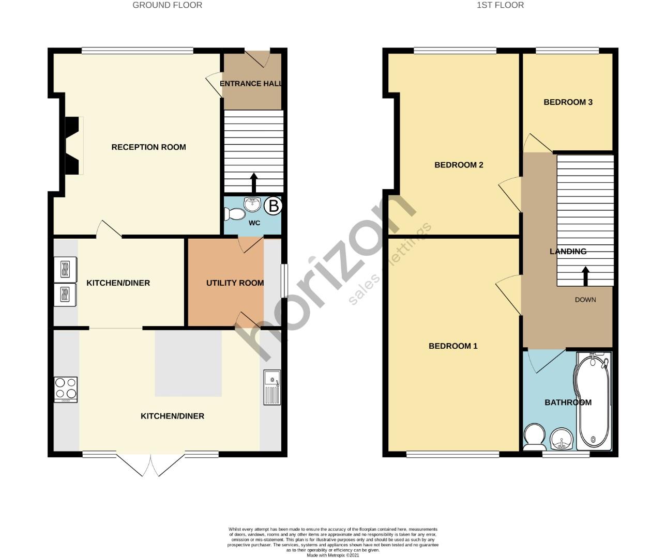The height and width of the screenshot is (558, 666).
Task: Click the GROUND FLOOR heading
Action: click(167, 5)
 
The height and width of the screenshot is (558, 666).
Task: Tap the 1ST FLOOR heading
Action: click(499, 5)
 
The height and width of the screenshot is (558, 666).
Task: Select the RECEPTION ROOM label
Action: click(148, 147)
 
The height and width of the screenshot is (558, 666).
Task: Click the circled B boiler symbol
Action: click(273, 206)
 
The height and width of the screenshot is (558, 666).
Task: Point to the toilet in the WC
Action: click(235, 214)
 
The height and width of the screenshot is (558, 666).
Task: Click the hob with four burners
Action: click(66, 390)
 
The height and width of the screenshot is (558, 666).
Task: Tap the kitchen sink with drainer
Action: click(272, 388)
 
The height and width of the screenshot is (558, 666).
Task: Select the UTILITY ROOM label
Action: click(235, 283)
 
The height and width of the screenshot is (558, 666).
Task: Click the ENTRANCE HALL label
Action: click(251, 84)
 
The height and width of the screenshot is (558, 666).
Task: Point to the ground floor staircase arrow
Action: click(253, 182)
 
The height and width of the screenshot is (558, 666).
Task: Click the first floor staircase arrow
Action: click(585, 276)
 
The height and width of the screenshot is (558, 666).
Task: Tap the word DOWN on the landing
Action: click(585, 300)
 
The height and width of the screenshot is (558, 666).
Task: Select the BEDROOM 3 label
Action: click(568, 102)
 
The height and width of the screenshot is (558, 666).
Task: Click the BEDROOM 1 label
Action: click(453, 346)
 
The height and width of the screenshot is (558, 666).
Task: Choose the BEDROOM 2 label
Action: click(459, 165)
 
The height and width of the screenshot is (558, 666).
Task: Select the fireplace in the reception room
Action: click(72, 146)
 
